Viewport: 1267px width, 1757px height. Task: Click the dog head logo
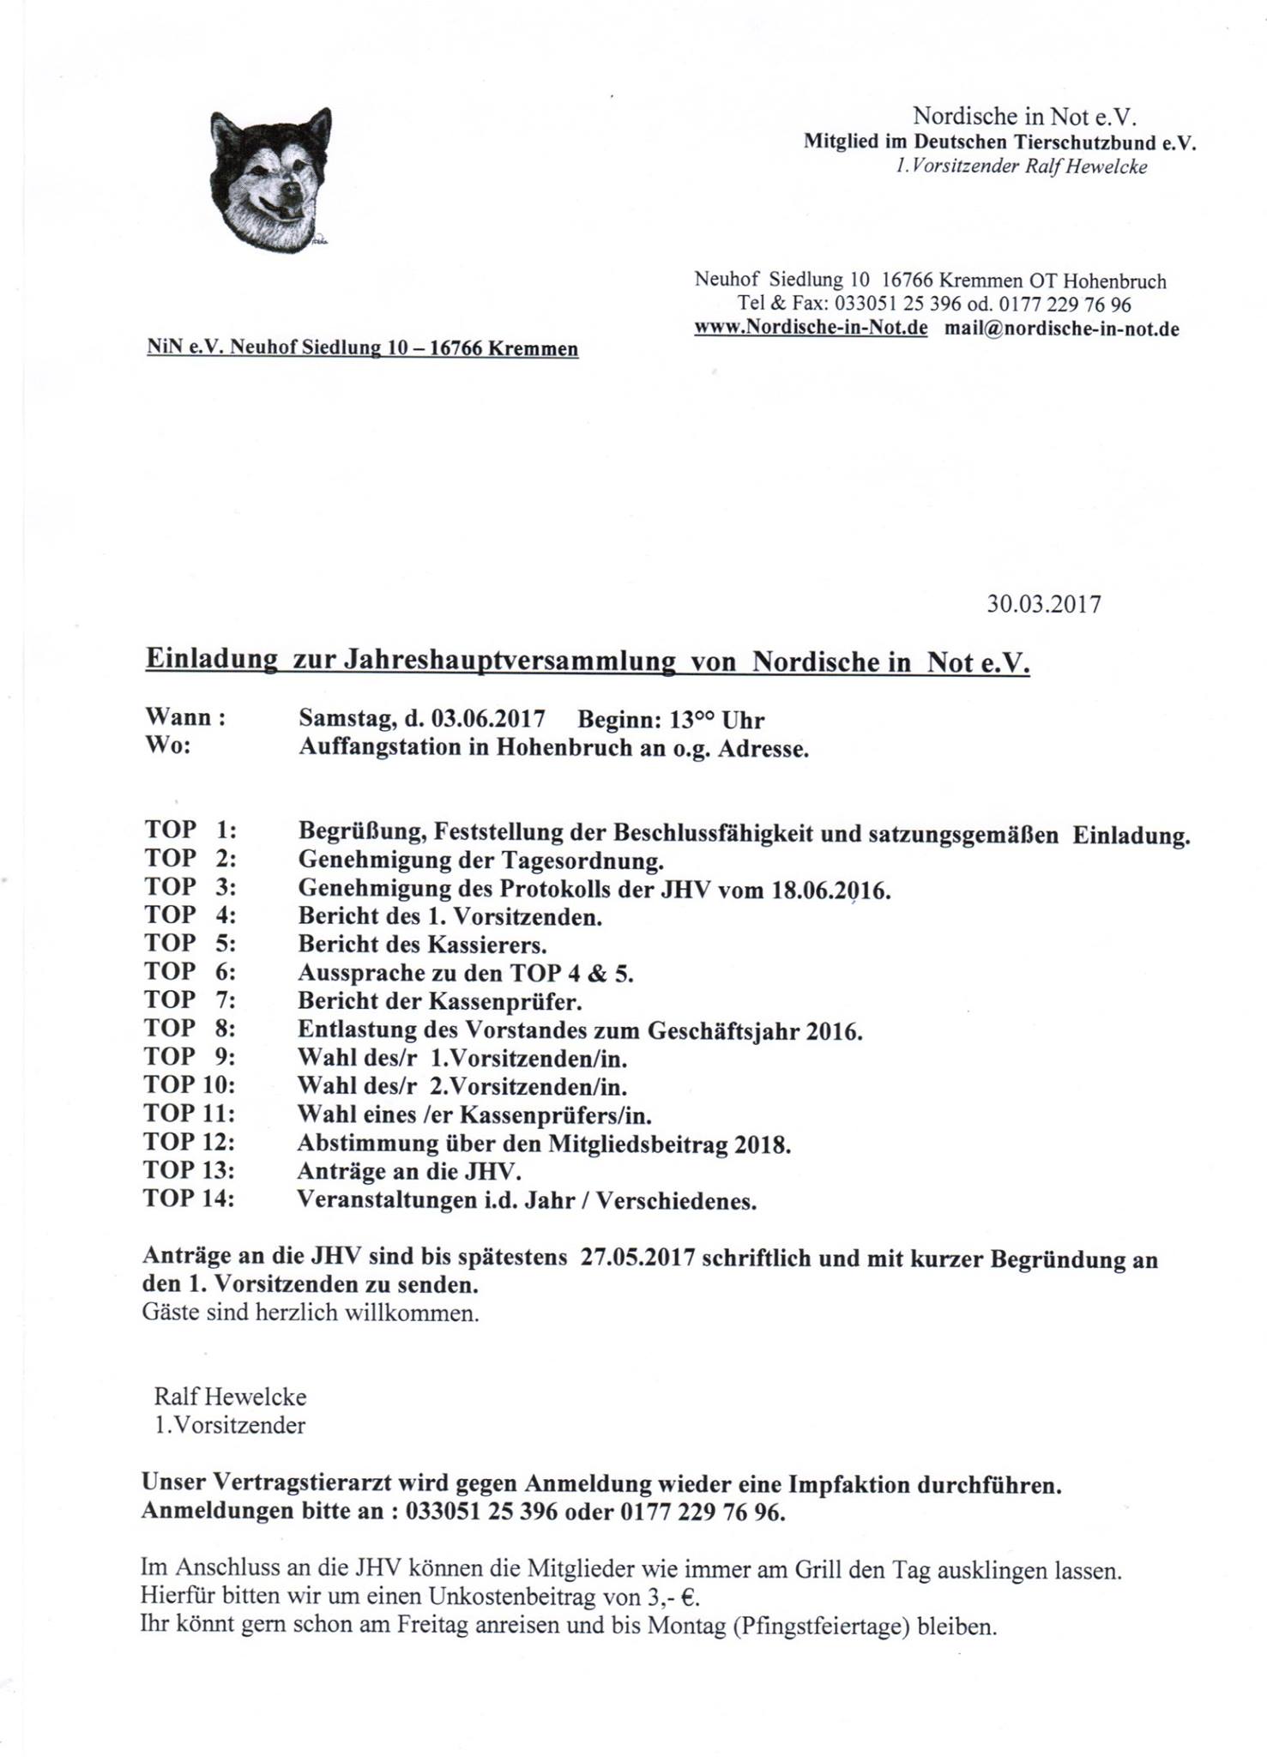(x=270, y=181)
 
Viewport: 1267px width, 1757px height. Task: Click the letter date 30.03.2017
(x=1043, y=604)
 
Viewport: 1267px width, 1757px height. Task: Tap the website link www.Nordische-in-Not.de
(x=811, y=329)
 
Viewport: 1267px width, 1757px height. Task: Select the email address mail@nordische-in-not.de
(x=1062, y=329)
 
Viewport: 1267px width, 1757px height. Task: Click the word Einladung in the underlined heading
(x=211, y=660)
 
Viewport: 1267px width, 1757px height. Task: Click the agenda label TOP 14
(x=189, y=1199)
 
